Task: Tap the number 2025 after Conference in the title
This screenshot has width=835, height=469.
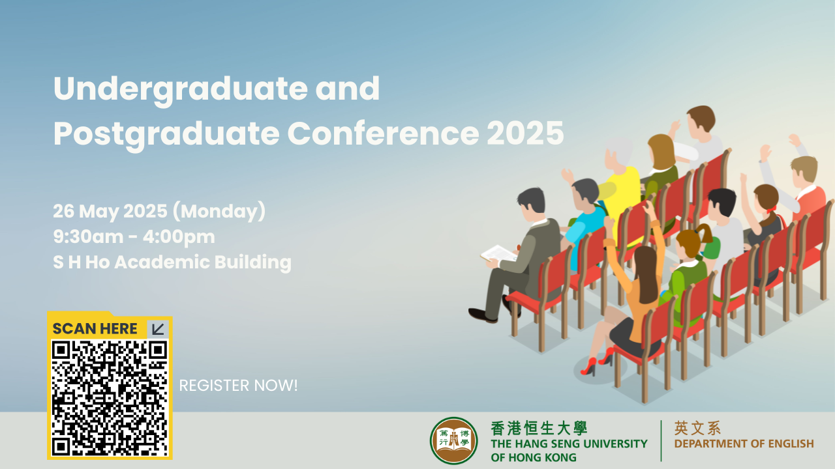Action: [525, 134]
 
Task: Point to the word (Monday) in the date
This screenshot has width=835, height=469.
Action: [219, 211]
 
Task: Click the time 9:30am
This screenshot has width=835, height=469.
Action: [88, 236]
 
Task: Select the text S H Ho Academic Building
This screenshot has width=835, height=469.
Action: [172, 263]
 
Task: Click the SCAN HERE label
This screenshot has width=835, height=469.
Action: [95, 329]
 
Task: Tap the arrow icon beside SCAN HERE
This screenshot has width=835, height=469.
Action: [158, 329]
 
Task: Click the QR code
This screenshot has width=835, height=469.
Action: [110, 397]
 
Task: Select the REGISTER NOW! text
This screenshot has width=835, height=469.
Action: [238, 386]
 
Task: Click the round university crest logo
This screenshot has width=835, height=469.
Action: [453, 441]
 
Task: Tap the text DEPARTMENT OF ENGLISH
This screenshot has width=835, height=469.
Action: [744, 444]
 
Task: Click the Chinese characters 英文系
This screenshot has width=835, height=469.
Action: [697, 428]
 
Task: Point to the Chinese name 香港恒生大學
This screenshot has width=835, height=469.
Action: [539, 429]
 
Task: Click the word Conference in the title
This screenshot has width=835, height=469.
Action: [383, 134]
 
